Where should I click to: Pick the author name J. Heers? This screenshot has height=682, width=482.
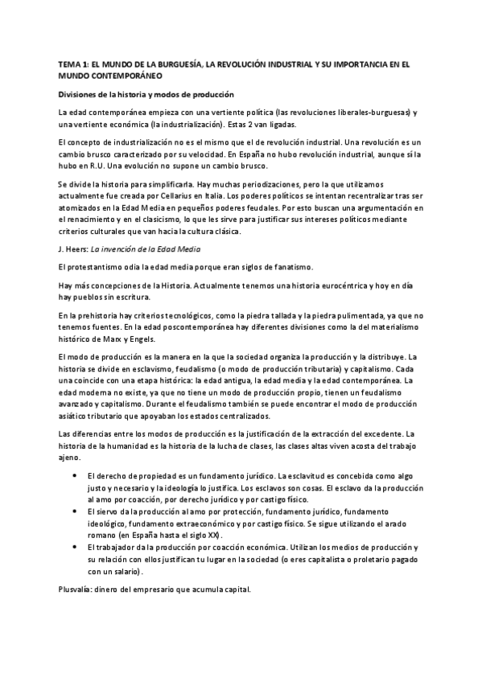(x=73, y=250)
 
